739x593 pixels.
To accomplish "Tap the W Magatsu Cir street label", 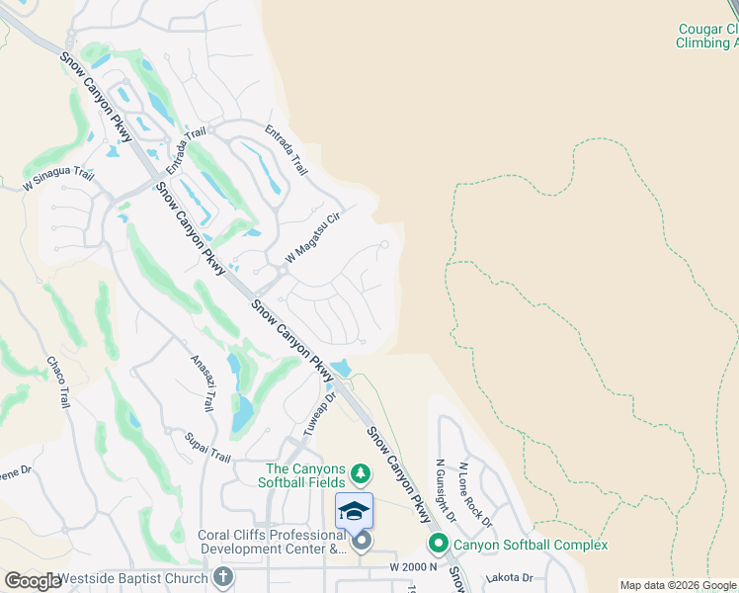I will click(x=312, y=237).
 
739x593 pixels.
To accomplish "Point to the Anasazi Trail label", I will click(x=203, y=383).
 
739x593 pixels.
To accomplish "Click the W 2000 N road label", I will click(x=414, y=566).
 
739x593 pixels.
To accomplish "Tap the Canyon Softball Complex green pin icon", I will click(x=438, y=545).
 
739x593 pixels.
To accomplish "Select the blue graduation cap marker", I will click(x=354, y=510).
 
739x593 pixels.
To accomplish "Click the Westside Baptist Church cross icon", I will click(x=224, y=578).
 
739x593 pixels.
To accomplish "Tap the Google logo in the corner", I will click(x=33, y=581).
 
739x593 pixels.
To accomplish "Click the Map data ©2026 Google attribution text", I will click(x=678, y=585).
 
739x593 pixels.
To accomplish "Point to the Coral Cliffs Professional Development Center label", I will click(x=271, y=542).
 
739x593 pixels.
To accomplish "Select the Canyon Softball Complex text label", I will click(x=530, y=545).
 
